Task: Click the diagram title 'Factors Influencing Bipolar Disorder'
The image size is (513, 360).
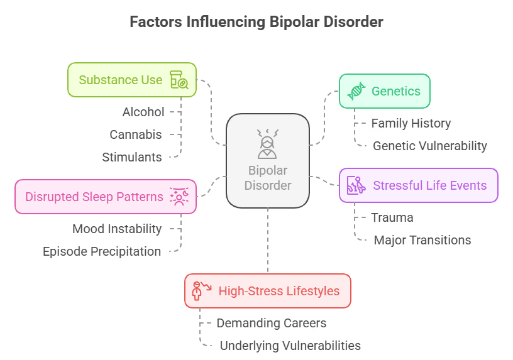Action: pyautogui.click(x=256, y=22)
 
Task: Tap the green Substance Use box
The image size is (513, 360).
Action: pyautogui.click(x=120, y=80)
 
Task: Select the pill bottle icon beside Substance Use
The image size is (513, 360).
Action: pyautogui.click(x=179, y=80)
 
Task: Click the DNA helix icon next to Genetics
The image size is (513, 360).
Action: pyautogui.click(x=356, y=91)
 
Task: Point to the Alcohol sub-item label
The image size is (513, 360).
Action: pyautogui.click(x=143, y=112)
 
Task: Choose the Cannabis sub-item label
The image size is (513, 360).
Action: pyautogui.click(x=136, y=134)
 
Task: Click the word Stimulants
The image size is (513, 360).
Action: pyautogui.click(x=132, y=157)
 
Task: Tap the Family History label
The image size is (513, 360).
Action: pyautogui.click(x=411, y=123)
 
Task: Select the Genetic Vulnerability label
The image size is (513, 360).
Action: pyautogui.click(x=429, y=146)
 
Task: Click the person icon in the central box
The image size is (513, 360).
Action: pyautogui.click(x=268, y=144)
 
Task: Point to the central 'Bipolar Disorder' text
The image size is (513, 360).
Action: pyautogui.click(x=268, y=178)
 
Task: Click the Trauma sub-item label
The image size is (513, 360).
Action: pyautogui.click(x=392, y=217)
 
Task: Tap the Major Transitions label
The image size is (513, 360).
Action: pyautogui.click(x=422, y=240)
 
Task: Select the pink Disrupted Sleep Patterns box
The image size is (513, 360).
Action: pyautogui.click(x=94, y=197)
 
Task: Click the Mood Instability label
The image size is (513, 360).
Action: pyautogui.click(x=117, y=229)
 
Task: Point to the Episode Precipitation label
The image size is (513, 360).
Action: pyautogui.click(x=102, y=251)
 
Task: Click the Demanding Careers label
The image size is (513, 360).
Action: pyautogui.click(x=272, y=323)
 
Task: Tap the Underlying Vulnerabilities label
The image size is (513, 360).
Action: pyautogui.click(x=290, y=346)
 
